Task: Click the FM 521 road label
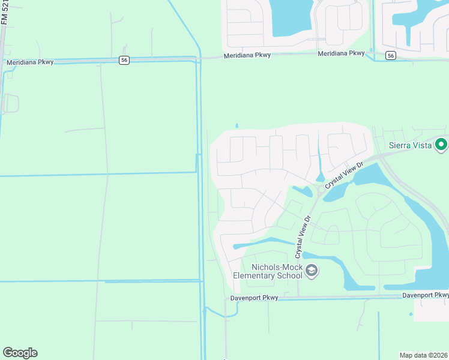4,13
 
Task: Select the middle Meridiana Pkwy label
247,55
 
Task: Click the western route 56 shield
124,60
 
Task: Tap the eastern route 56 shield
391,55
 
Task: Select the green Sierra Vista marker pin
442,144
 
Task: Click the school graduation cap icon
312,272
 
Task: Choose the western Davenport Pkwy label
254,298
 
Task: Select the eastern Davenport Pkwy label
425,295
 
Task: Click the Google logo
20,353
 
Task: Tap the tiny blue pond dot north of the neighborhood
237,126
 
